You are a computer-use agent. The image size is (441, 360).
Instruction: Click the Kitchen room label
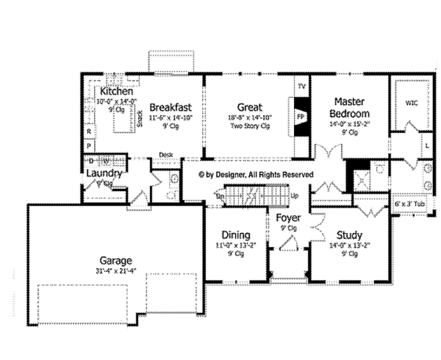(116, 91)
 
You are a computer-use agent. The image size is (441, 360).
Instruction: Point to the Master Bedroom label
(349, 107)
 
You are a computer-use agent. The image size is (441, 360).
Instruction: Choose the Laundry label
(104, 173)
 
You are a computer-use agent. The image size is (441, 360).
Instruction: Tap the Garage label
(116, 261)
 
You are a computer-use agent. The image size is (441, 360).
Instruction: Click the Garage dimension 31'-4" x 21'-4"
(116, 273)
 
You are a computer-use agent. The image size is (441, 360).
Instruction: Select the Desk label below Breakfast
(167, 154)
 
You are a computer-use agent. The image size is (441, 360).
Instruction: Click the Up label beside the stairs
(294, 196)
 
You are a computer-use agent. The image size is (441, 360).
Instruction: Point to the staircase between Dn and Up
(257, 196)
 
